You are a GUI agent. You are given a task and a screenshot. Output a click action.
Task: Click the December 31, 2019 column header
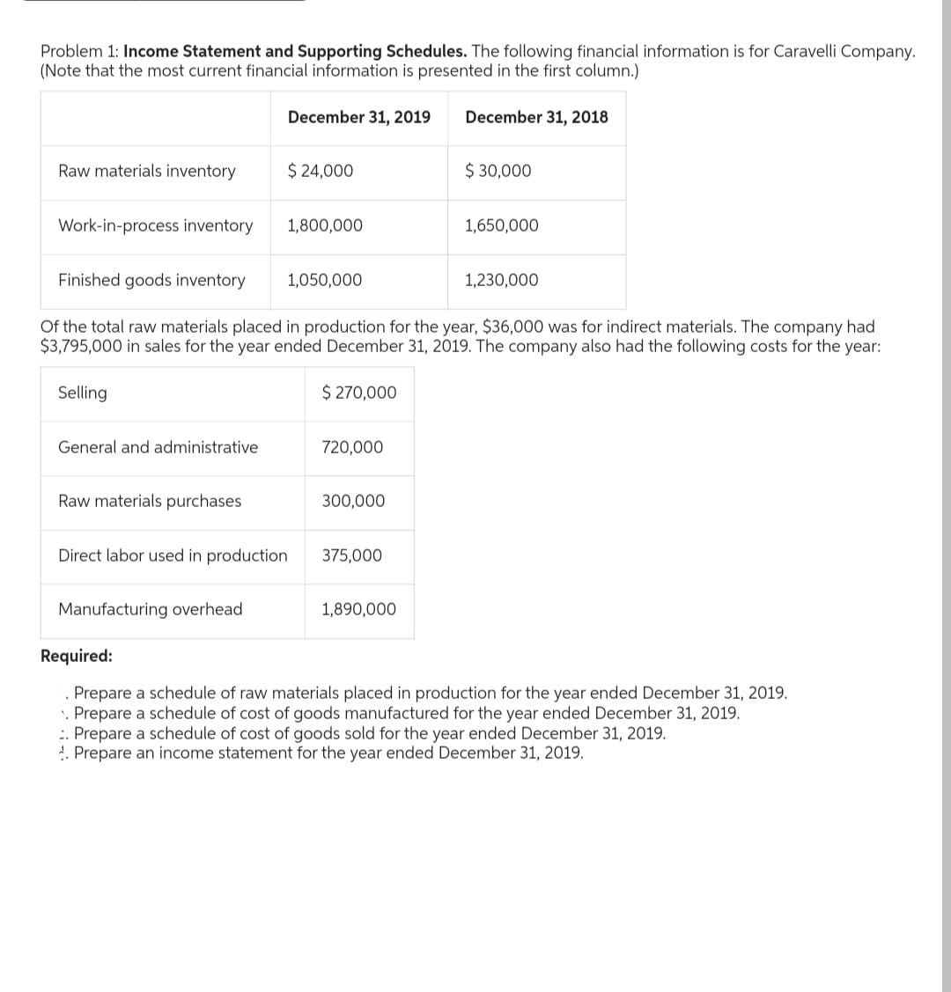pos(358,117)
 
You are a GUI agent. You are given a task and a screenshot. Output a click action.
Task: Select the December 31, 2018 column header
pos(536,117)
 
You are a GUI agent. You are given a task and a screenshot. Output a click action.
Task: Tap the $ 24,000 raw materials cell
pos(321,171)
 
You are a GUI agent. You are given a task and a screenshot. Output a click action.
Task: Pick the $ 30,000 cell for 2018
pos(498,171)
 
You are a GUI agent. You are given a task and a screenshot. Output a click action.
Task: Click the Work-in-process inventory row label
pos(155,225)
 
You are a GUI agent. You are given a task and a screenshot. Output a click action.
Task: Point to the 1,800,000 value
pos(325,225)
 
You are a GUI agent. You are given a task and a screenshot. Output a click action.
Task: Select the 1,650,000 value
pos(502,225)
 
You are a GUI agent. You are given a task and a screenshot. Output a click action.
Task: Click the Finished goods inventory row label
pos(151,280)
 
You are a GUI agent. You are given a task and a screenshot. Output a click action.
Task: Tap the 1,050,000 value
pos(325,280)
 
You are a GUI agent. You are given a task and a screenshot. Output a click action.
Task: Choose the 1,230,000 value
pos(502,280)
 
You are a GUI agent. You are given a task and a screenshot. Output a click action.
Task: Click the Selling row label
pos(83,393)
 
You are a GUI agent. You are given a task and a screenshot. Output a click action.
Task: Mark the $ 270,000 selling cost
pos(359,393)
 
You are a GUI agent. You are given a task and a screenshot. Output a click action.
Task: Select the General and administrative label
pos(158,447)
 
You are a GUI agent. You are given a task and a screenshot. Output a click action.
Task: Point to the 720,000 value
pos(352,447)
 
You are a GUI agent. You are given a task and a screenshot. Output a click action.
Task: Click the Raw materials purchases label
pos(150,501)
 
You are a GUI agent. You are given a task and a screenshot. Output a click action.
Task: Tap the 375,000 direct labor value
pos(352,555)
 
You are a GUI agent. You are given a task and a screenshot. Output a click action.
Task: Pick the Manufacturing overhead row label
pos(151,609)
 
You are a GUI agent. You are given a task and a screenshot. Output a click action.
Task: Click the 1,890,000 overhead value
pos(358,609)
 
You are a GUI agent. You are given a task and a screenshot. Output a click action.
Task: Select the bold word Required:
pos(77,656)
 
